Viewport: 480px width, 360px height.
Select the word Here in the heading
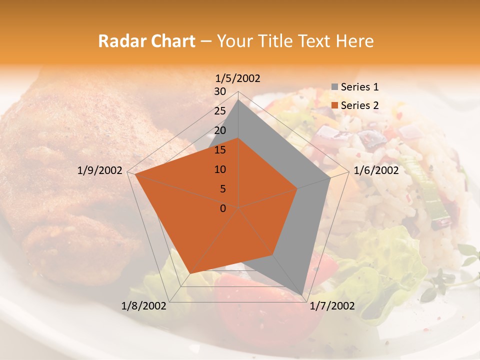[354, 41]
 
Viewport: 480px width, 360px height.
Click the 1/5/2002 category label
[238, 78]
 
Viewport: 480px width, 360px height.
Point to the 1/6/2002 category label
[376, 170]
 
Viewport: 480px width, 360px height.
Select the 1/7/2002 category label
[332, 306]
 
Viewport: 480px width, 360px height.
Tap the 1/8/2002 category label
[144, 306]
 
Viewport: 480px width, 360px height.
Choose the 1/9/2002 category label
[100, 170]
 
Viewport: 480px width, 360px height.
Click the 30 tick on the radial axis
[220, 91]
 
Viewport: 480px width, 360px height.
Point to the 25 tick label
[220, 111]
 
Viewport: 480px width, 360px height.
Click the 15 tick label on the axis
[220, 150]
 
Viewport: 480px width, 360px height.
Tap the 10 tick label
[220, 169]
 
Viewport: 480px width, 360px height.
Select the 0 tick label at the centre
[223, 208]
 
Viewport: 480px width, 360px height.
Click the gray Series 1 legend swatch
[334, 87]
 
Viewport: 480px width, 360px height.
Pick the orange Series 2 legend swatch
[334, 105]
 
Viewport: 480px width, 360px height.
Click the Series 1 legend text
[359, 87]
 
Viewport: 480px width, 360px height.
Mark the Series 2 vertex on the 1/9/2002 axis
[135, 174]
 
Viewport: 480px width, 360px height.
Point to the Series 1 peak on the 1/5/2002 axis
[238, 99]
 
